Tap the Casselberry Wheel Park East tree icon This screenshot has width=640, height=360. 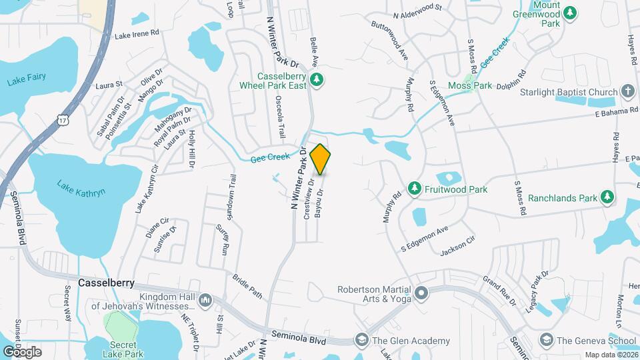tap(317, 81)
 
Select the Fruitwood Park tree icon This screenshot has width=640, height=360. tap(415, 189)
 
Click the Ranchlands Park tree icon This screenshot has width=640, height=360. tap(607, 197)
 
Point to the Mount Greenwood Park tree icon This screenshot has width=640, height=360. tap(569, 12)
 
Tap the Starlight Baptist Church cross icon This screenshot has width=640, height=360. tap(627, 91)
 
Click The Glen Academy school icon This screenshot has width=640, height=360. tap(362, 340)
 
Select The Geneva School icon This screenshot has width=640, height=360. tap(545, 340)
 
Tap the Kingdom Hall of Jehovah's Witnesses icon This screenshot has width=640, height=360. tap(205, 300)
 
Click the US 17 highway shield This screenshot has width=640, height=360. tap(63, 119)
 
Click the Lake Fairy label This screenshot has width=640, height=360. tap(27, 77)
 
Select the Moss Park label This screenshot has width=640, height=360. tap(470, 85)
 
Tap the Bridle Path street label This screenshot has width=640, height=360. tap(247, 285)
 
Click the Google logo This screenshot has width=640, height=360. tap(23, 351)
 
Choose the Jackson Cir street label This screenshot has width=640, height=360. tap(457, 247)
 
